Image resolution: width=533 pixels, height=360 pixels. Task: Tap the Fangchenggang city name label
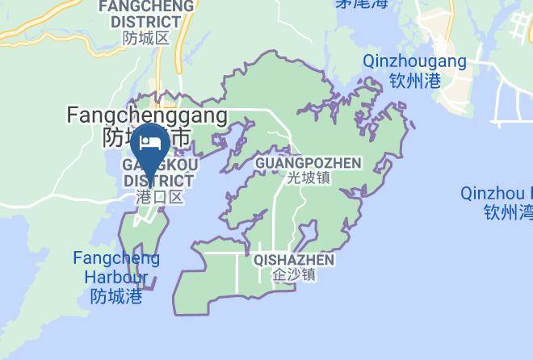(x=146, y=116)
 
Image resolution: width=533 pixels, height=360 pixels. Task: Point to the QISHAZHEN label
(x=293, y=260)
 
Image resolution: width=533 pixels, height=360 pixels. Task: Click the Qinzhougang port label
(x=414, y=61)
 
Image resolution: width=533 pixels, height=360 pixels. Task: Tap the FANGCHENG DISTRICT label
(x=146, y=13)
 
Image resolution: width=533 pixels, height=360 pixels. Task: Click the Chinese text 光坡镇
(x=308, y=178)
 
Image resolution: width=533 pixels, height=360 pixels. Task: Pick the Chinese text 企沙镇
(x=294, y=275)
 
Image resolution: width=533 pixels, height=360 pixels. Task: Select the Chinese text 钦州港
(x=415, y=80)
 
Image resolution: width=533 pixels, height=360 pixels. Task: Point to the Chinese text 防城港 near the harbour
(x=115, y=297)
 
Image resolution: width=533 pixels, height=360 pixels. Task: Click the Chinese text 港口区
(x=159, y=196)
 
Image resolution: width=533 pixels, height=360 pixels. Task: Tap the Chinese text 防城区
(x=146, y=38)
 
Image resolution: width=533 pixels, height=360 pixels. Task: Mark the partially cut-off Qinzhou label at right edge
(x=496, y=194)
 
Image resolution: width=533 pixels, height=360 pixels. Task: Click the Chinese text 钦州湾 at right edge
(x=508, y=213)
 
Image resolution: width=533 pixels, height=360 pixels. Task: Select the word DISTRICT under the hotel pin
(x=158, y=180)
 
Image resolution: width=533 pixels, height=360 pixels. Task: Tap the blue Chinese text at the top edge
(x=363, y=3)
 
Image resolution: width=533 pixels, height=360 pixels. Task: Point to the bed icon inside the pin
(x=149, y=141)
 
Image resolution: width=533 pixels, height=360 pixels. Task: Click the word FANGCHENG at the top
(x=146, y=6)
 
